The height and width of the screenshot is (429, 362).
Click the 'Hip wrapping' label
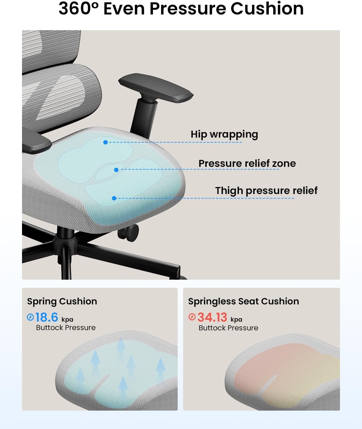tap(224, 135)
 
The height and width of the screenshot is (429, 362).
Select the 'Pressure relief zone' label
tap(247, 164)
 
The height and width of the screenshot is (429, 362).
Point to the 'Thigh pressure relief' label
tap(266, 191)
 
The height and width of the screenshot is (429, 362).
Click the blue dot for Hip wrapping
tap(106, 142)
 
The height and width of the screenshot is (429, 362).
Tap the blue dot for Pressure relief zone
tap(116, 170)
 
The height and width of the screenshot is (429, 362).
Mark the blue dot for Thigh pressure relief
tap(114, 198)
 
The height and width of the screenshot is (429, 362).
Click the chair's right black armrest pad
tap(156, 88)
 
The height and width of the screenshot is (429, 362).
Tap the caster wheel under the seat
tap(129, 233)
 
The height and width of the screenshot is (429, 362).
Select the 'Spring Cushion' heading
tap(62, 302)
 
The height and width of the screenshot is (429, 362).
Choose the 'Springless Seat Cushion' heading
tap(243, 302)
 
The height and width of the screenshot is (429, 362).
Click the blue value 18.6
tap(47, 317)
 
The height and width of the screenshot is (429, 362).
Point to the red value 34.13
tap(212, 317)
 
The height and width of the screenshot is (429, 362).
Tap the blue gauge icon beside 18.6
tap(30, 317)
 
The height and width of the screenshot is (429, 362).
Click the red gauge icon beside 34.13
tap(192, 317)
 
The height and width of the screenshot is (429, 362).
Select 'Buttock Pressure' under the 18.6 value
tap(66, 328)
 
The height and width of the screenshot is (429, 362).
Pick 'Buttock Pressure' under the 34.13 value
tap(228, 328)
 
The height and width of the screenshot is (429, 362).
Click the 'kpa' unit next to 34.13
tap(237, 319)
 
